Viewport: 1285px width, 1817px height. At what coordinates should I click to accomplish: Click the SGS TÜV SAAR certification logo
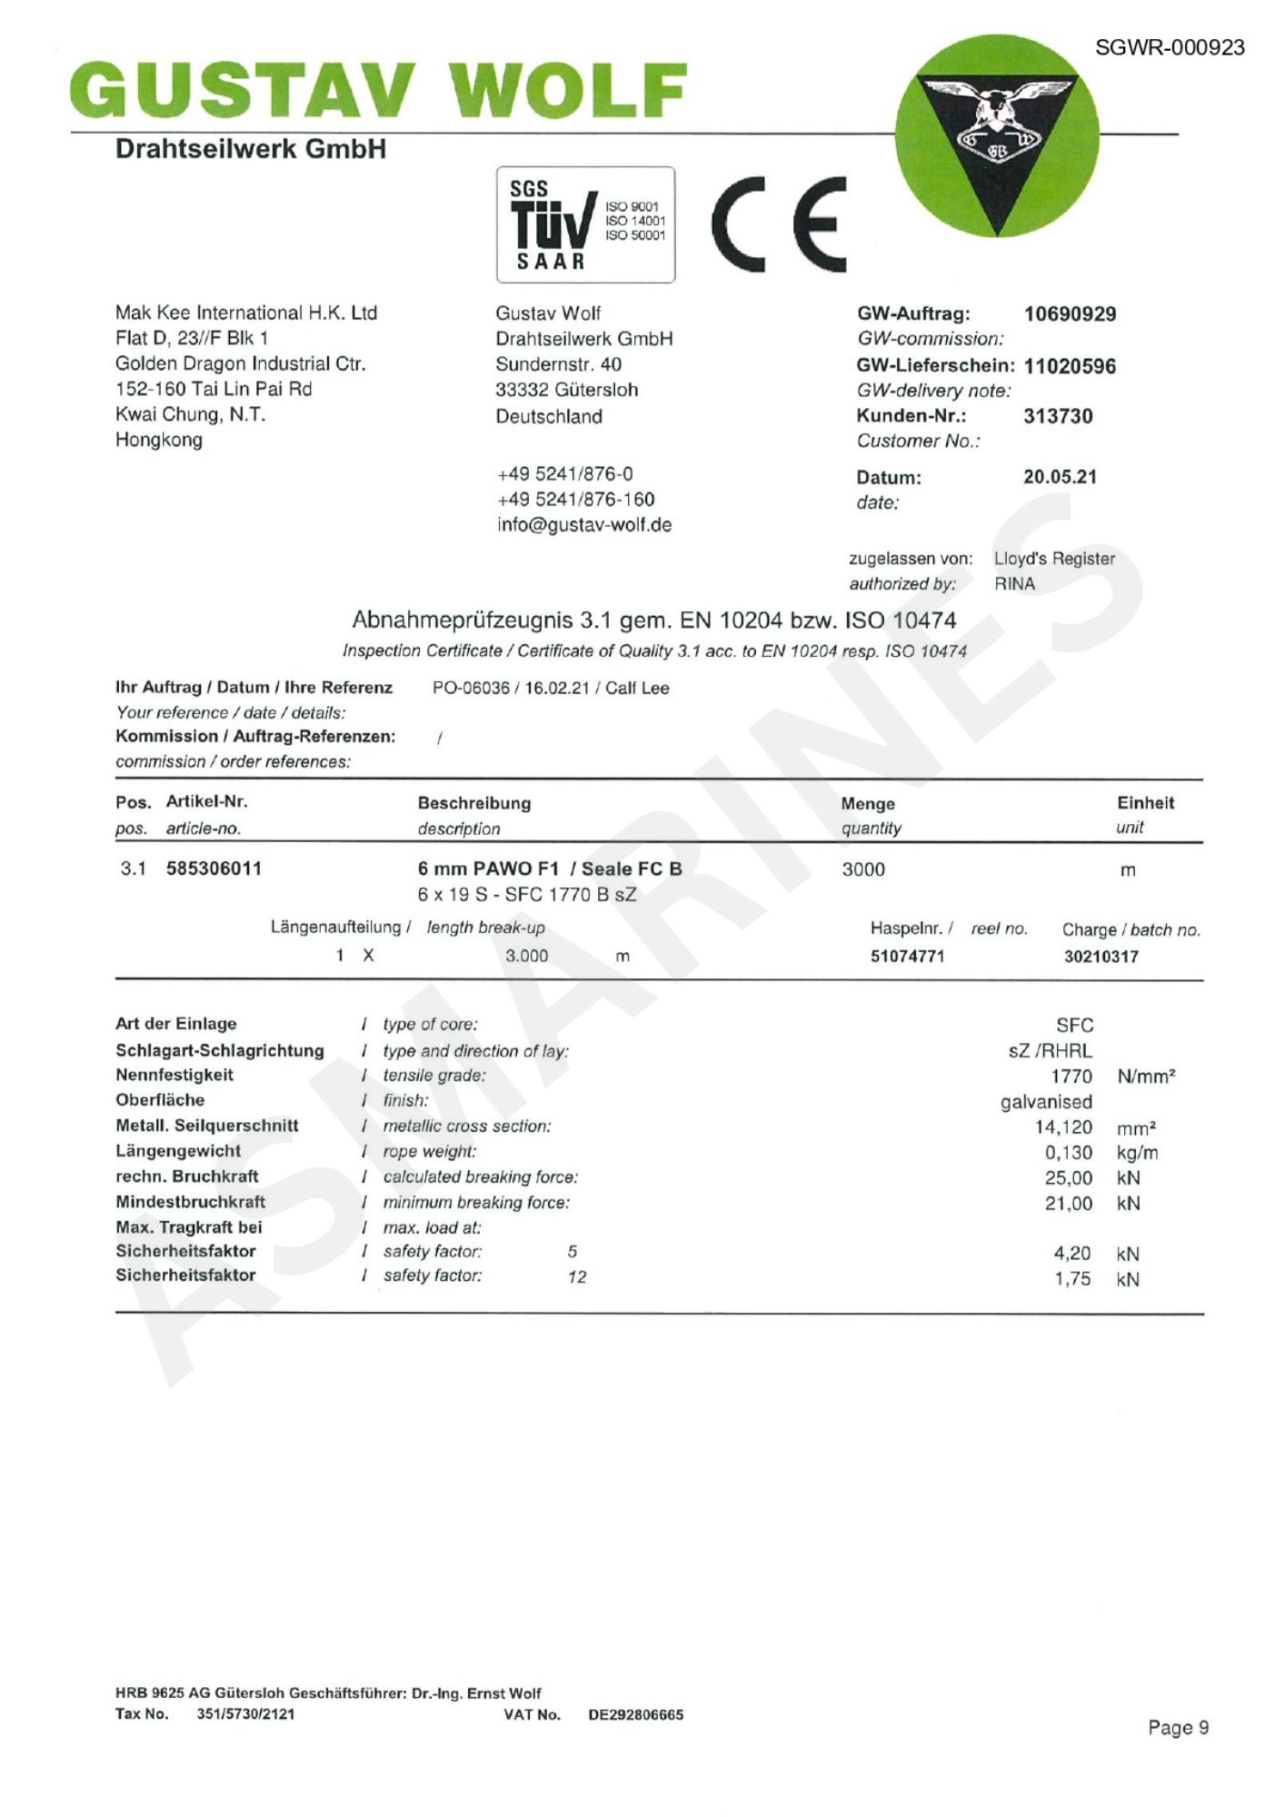[585, 224]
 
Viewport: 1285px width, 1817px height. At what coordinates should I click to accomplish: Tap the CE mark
[779, 224]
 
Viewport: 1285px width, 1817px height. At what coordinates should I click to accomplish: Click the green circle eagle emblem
[996, 136]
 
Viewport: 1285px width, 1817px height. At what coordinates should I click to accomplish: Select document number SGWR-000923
[1170, 48]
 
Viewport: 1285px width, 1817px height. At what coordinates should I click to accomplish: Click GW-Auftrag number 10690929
[1070, 314]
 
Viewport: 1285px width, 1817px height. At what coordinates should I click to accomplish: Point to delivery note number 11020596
[1070, 366]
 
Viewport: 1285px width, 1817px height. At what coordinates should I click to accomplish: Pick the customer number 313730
[1058, 416]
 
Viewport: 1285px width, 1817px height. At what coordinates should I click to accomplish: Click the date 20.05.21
[1060, 477]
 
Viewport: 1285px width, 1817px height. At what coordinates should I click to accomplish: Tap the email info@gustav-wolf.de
[584, 525]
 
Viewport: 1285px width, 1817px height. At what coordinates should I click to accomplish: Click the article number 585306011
[214, 869]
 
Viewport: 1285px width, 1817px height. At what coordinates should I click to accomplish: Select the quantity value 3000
[863, 869]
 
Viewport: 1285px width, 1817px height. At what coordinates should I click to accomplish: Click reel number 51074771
[907, 956]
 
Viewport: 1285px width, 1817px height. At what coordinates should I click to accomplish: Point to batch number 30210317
[1101, 956]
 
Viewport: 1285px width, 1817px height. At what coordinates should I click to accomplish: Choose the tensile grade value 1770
[1071, 1077]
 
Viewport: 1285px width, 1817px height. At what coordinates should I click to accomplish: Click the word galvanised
[1046, 1102]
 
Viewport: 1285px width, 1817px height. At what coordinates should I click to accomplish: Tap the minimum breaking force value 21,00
[1069, 1204]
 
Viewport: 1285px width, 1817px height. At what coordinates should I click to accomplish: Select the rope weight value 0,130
[1069, 1153]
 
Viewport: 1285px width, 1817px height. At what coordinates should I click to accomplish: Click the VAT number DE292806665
[635, 1715]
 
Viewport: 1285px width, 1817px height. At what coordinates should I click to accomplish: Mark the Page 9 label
[1178, 1727]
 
